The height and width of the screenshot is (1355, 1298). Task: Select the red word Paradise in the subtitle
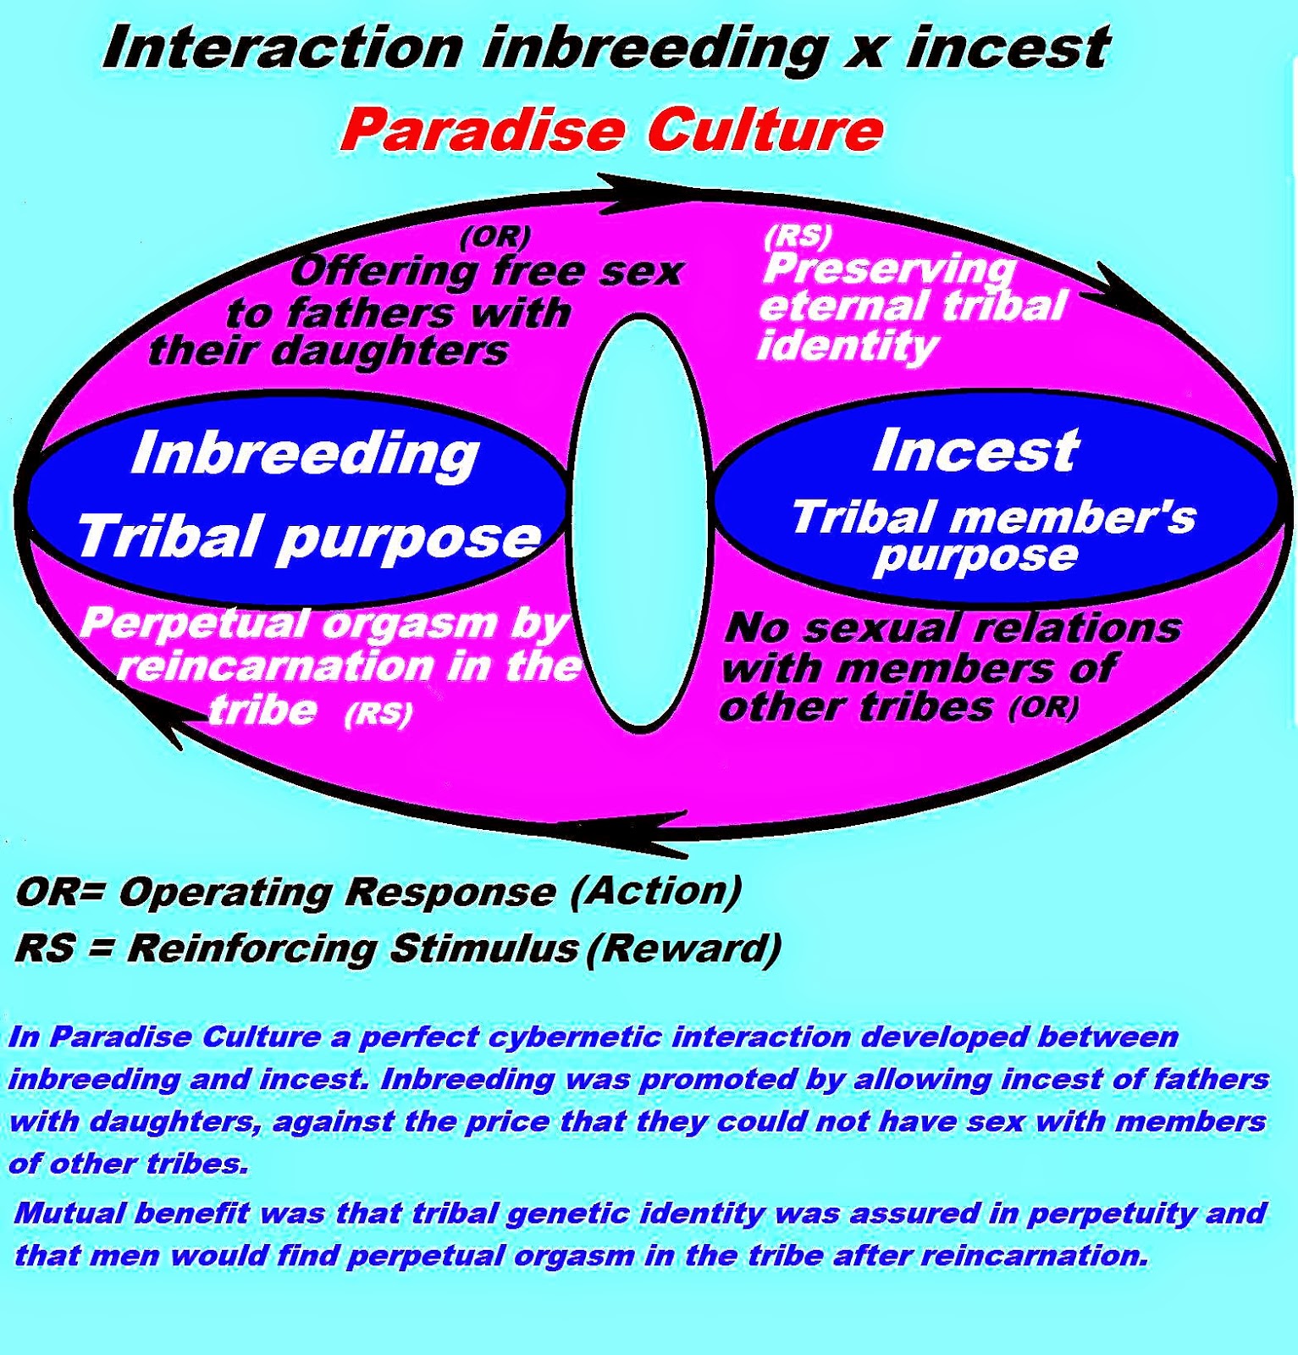pyautogui.click(x=483, y=130)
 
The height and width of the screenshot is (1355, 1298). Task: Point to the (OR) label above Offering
pyautogui.click(x=495, y=237)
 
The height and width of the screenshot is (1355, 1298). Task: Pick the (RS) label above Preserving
pyautogui.click(x=798, y=236)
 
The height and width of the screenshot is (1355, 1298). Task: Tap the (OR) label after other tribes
pyautogui.click(x=1044, y=707)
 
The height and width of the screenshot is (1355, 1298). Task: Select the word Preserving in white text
pyautogui.click(x=889, y=270)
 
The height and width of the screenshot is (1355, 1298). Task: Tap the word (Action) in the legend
pyautogui.click(x=656, y=890)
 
